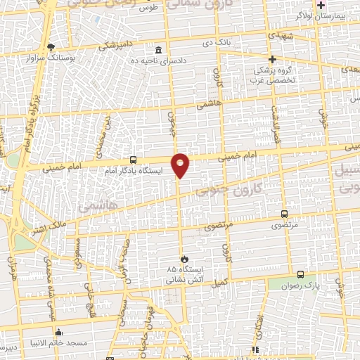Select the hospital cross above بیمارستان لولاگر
point(321,5)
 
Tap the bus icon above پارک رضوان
point(300,274)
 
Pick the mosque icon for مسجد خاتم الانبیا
point(59,332)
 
